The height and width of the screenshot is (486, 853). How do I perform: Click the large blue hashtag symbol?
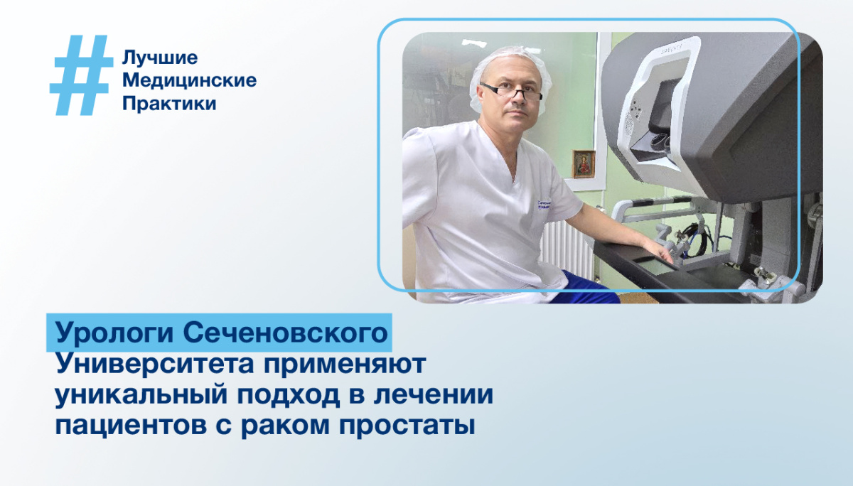click(80, 75)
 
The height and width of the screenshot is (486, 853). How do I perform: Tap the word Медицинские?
click(190, 80)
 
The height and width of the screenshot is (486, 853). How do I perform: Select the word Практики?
click(169, 104)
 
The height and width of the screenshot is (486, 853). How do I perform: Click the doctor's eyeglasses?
click(510, 92)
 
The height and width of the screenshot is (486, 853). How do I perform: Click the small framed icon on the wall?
click(584, 163)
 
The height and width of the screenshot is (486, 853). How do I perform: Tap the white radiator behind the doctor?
click(565, 245)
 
